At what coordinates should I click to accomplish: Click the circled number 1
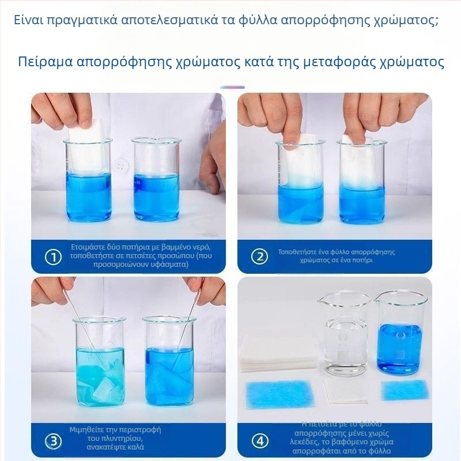(53, 257)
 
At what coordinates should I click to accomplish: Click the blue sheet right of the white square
(404, 390)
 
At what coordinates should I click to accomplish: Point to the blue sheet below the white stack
(278, 394)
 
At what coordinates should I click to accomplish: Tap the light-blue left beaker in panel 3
(99, 363)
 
